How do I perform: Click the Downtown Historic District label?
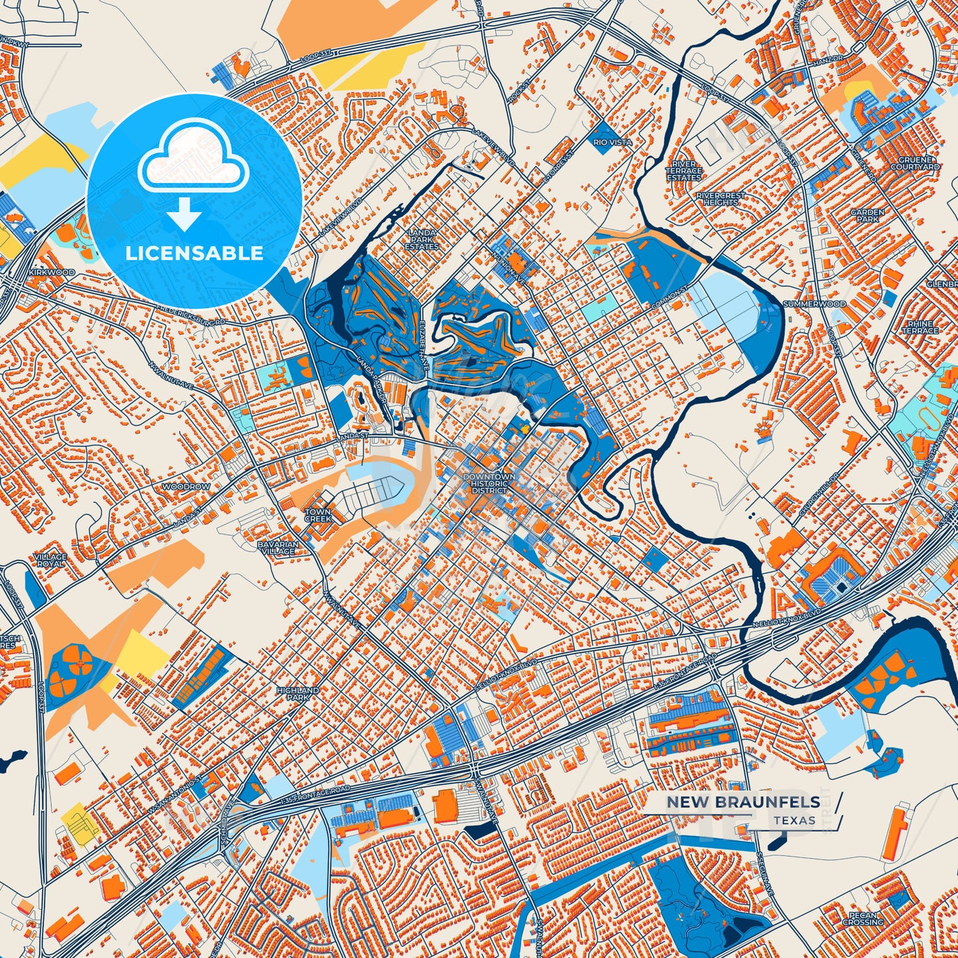coord(489,483)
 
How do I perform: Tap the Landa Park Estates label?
coord(422,239)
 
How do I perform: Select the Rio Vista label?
coord(612,143)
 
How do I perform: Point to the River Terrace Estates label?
coord(684,171)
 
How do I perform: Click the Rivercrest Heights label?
coord(721,198)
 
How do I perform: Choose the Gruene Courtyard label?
coord(915,164)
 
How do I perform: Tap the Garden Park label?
coord(867,215)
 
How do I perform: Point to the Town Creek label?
coord(318,515)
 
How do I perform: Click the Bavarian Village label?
coord(278,548)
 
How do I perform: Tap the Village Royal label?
coord(50,560)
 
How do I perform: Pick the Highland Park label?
coord(298,693)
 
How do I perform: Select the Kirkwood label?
coord(52,272)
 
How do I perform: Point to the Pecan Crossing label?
coord(863,918)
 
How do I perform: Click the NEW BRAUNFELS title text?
coord(743,802)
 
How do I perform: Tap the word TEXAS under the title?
coord(794,820)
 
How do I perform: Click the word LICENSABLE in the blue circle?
coord(194,253)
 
